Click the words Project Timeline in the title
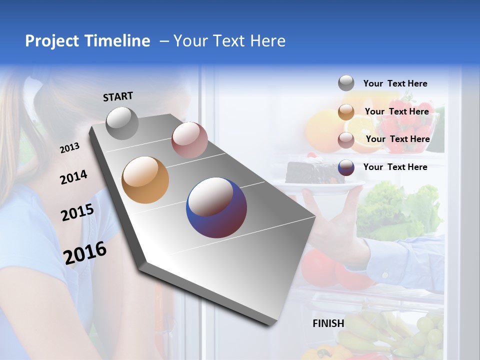click(x=87, y=41)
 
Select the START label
click(x=118, y=96)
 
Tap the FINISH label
click(x=328, y=323)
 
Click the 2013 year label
click(x=69, y=148)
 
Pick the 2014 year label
click(x=73, y=177)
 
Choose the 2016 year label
click(x=85, y=252)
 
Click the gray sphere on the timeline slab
click(x=122, y=123)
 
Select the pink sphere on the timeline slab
click(x=189, y=140)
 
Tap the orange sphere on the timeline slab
click(x=145, y=180)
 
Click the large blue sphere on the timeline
click(x=216, y=207)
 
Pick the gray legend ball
click(x=346, y=83)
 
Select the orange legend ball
click(x=346, y=112)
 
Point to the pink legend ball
click(x=346, y=140)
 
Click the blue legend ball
click(x=346, y=167)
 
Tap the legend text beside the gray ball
click(x=395, y=83)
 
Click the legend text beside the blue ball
click(x=395, y=167)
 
